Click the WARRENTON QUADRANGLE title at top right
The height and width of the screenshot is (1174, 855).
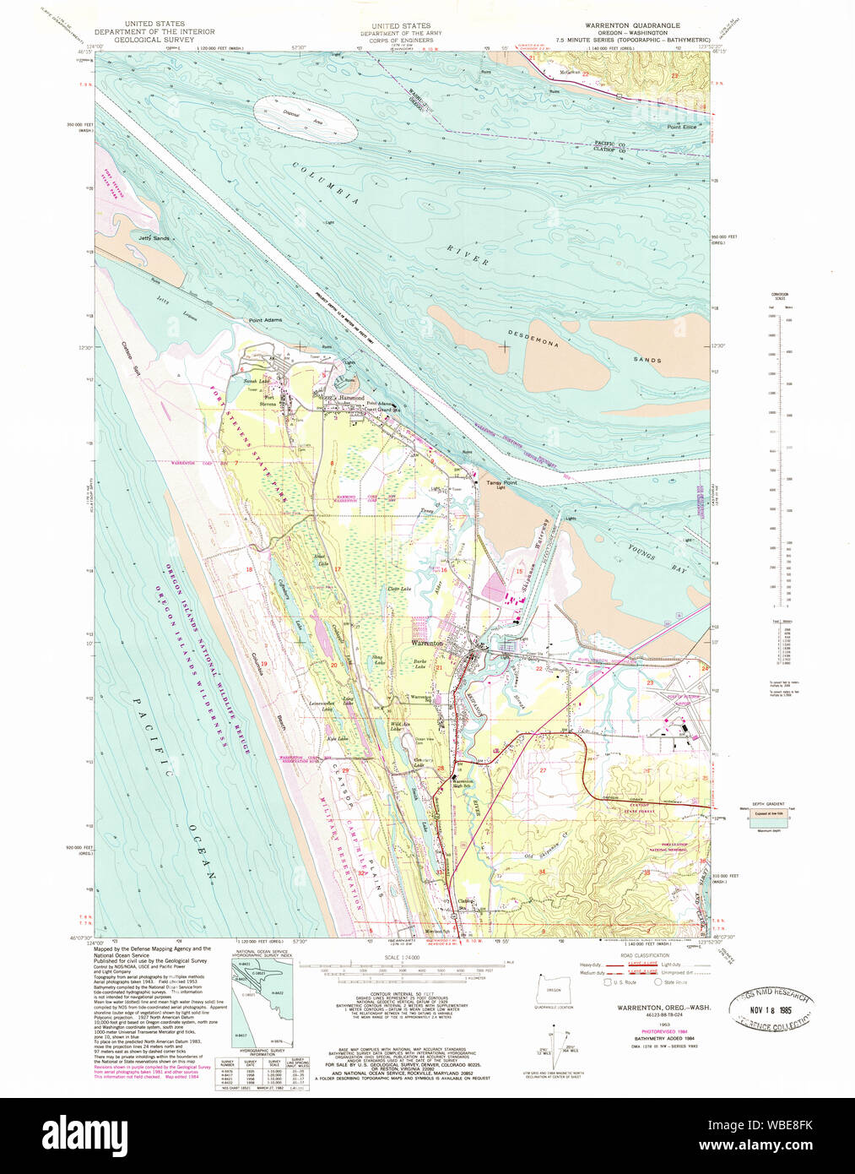point(632,26)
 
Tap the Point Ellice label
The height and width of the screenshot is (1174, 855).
point(681,127)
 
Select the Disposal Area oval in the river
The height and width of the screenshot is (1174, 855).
point(306,120)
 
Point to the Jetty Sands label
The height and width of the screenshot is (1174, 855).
point(154,238)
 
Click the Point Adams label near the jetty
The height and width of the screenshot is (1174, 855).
point(265,321)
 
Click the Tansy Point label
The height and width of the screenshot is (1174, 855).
point(501,483)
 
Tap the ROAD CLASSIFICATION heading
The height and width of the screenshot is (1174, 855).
point(644,955)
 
